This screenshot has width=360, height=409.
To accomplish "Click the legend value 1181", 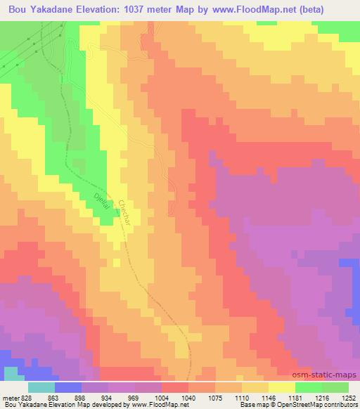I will click(296, 397).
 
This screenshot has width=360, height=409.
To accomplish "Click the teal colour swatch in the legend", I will click(41, 387).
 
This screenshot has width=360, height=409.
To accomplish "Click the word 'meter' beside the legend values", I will click(11, 397).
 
